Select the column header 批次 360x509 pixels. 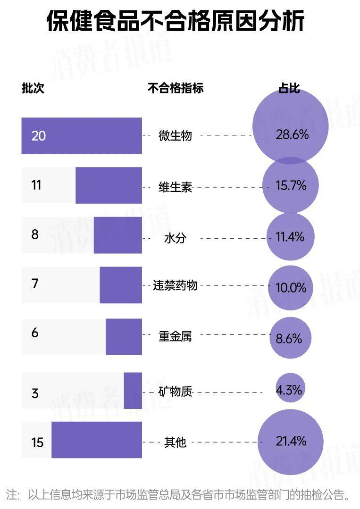(33, 88)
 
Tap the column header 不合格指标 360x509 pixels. (176, 88)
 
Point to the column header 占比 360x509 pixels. (289, 88)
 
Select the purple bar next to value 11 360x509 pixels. (109, 185)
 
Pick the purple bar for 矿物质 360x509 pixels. (133, 391)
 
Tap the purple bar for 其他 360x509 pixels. (97, 440)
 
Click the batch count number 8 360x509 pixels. (35, 234)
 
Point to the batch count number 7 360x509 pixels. (35, 284)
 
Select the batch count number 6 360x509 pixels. (35, 333)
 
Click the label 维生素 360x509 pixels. (175, 187)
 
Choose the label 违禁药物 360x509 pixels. (175, 285)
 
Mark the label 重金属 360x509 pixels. (175, 336)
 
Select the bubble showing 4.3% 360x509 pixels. (289, 388)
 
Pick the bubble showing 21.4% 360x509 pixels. (291, 442)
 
